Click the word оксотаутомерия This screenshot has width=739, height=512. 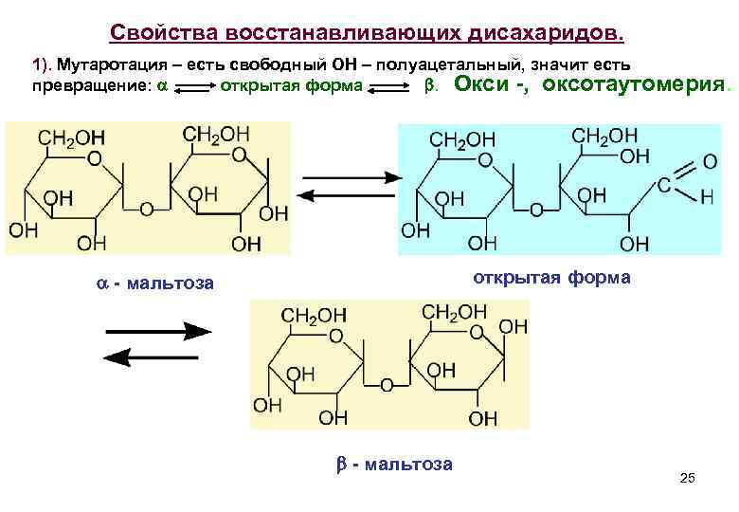click(x=635, y=85)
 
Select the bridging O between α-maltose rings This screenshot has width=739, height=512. click(x=147, y=208)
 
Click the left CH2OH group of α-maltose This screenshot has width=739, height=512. click(x=67, y=137)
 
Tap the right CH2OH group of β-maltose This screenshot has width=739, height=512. click(x=453, y=312)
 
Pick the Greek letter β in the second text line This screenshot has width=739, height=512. click(x=427, y=86)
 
